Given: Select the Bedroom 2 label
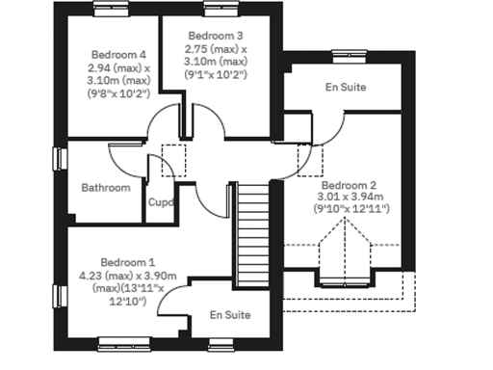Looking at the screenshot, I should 349,184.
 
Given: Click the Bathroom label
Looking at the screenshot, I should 105,188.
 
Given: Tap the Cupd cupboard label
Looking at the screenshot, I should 160,202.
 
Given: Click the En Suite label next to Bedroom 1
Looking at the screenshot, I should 230,315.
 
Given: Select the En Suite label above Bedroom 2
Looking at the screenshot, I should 346,88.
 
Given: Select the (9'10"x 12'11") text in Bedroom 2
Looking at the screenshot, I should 350,209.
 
